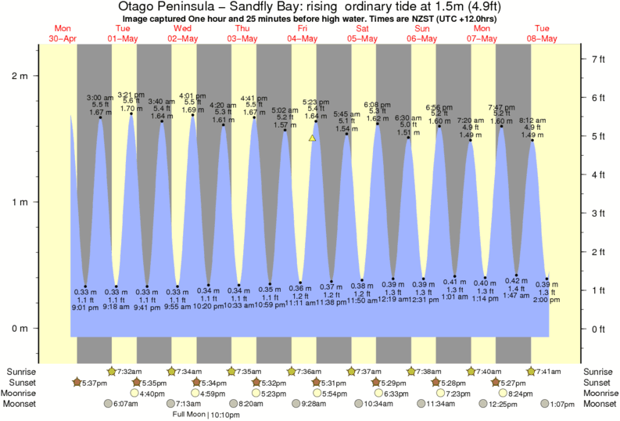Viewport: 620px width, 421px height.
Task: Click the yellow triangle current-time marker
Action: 312,138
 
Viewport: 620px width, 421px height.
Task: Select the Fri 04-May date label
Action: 303,33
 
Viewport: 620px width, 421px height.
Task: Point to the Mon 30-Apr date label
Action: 63,33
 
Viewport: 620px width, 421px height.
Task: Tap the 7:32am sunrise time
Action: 131,371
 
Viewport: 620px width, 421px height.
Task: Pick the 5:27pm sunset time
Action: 515,382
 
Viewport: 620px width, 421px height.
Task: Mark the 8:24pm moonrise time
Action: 522,393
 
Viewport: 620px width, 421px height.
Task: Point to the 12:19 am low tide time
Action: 388,300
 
